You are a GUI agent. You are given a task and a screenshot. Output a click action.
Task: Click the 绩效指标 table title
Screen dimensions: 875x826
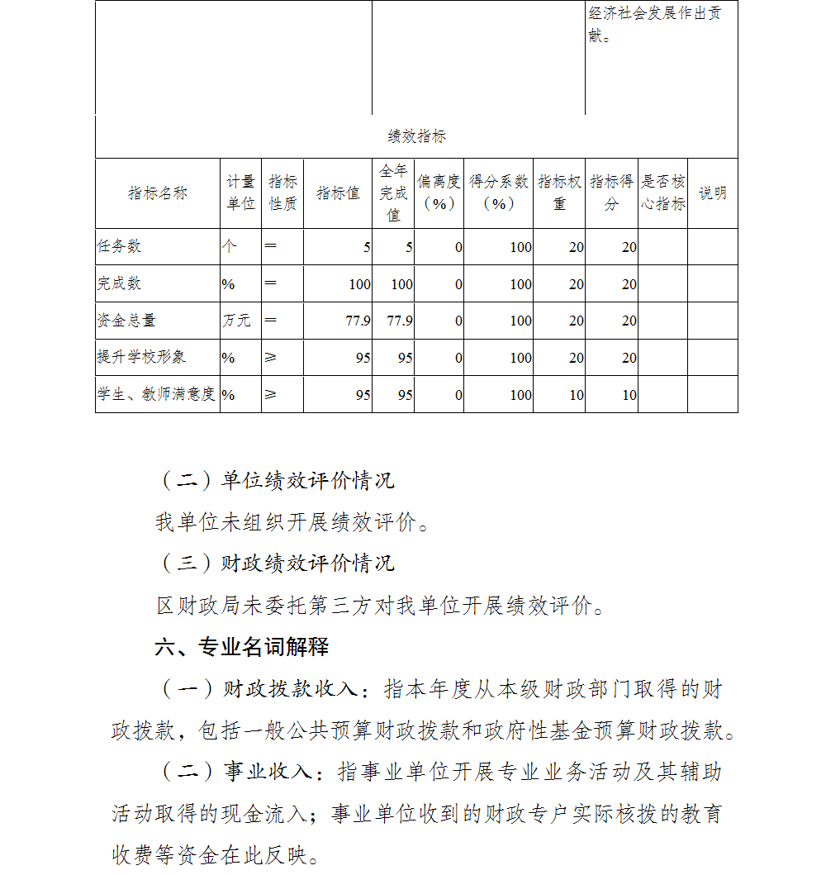(x=416, y=136)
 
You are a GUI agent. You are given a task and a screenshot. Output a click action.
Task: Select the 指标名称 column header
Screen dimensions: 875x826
(x=157, y=193)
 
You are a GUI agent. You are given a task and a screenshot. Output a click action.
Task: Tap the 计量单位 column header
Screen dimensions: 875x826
(x=240, y=193)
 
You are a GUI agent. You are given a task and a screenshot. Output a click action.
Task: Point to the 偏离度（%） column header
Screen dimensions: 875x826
(x=439, y=193)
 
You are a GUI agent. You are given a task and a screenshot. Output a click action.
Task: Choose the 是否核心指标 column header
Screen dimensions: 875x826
(x=662, y=193)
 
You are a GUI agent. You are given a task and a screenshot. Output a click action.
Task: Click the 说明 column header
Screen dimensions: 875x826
(x=712, y=193)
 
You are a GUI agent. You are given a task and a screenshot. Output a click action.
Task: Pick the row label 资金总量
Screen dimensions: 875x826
(x=126, y=321)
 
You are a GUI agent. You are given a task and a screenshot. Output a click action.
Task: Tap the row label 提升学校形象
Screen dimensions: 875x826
(x=141, y=357)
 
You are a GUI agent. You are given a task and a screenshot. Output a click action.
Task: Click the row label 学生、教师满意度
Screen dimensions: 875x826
(x=156, y=394)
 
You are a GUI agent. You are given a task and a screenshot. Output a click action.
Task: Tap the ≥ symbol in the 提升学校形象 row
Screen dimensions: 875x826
(x=270, y=357)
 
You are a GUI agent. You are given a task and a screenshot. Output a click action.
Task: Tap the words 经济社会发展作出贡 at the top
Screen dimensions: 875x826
(x=654, y=14)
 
